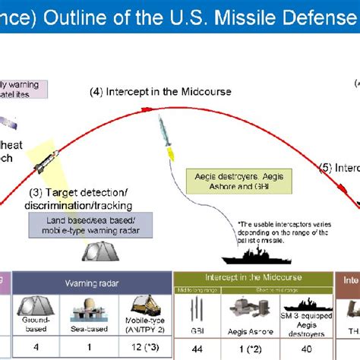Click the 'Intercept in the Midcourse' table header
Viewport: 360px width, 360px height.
tap(252, 279)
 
